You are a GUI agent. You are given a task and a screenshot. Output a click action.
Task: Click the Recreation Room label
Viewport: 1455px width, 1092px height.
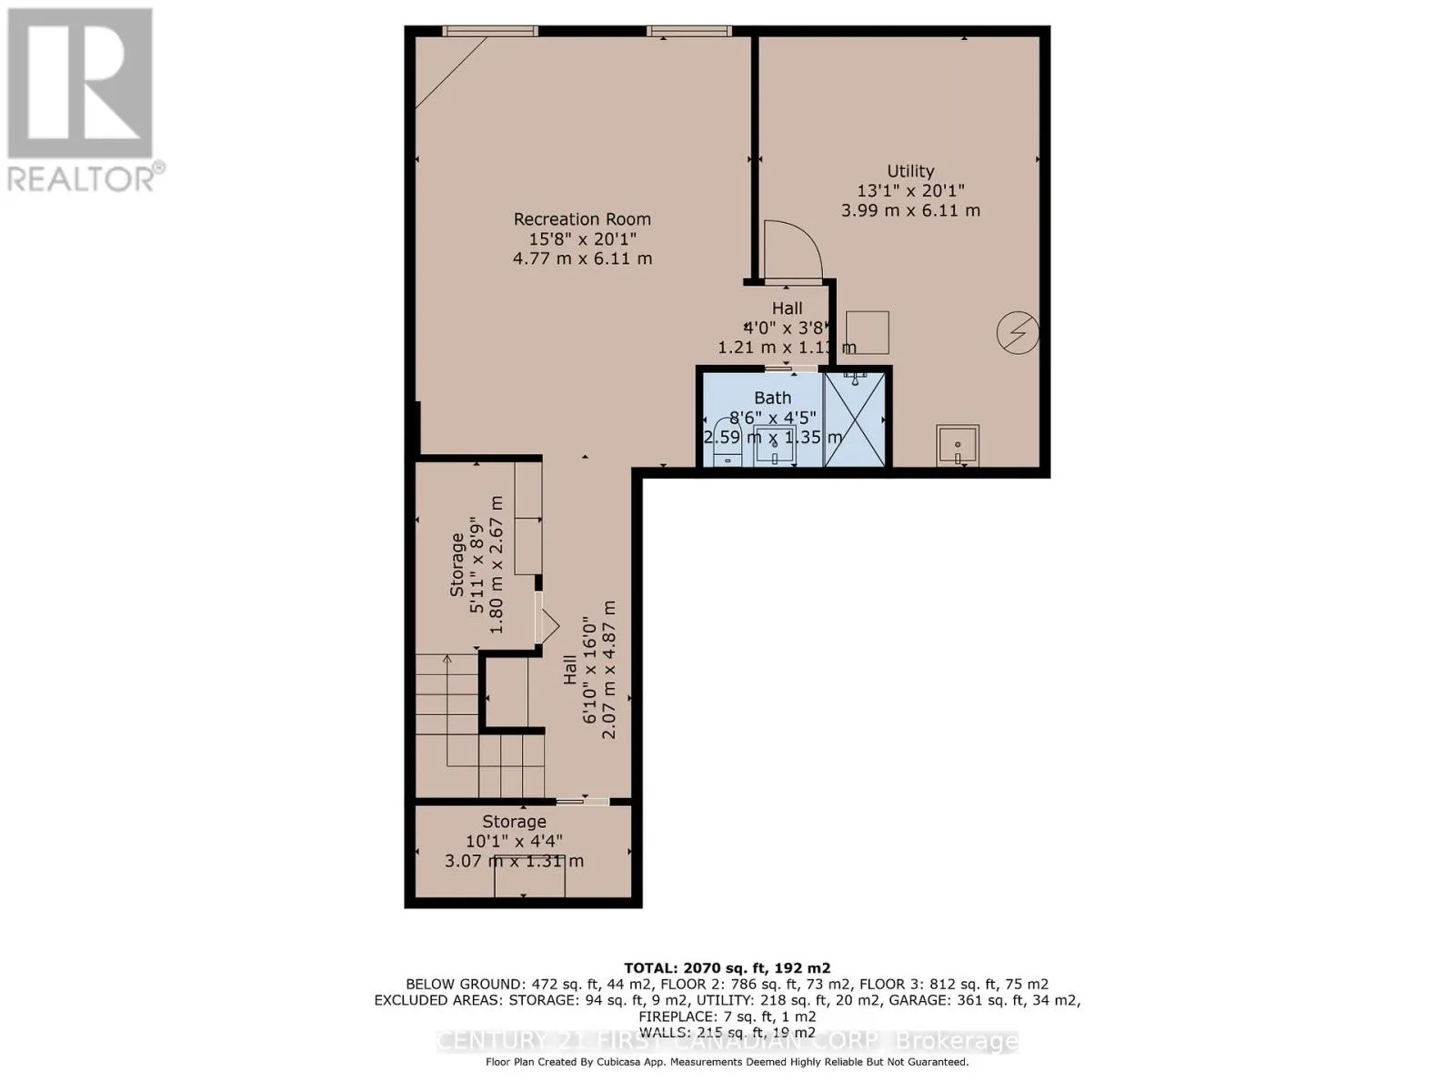pos(582,219)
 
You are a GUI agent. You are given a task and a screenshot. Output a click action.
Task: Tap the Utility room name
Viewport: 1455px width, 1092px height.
pos(910,171)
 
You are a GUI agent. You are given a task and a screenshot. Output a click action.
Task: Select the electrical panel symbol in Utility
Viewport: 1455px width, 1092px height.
pos(1018,332)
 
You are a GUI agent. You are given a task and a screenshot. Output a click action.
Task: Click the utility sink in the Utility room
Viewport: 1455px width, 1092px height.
pos(958,445)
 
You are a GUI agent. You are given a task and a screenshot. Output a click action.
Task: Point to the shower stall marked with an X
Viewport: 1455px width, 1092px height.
pos(855,419)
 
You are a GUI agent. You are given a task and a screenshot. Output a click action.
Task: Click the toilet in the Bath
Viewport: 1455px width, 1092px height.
pos(725,443)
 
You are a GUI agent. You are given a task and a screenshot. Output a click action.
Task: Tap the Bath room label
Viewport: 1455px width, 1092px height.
pos(772,398)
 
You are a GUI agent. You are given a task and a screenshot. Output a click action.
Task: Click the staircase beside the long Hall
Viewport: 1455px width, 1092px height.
pos(477,728)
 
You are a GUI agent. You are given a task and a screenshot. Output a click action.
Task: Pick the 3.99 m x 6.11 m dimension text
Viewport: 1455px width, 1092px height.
pos(910,210)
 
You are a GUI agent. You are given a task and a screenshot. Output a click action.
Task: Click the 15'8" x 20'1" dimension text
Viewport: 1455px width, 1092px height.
pos(582,238)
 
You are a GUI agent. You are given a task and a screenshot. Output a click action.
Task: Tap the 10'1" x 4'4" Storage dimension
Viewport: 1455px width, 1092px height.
pos(514,842)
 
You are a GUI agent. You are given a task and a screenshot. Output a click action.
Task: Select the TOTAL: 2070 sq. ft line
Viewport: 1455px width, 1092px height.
pos(727,968)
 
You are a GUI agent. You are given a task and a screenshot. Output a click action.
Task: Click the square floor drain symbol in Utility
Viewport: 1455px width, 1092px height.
pos(867,332)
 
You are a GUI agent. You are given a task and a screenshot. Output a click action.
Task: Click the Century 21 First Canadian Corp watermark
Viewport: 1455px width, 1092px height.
pos(727,1041)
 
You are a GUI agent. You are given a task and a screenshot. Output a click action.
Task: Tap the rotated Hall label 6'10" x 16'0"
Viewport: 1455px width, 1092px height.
pos(589,669)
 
